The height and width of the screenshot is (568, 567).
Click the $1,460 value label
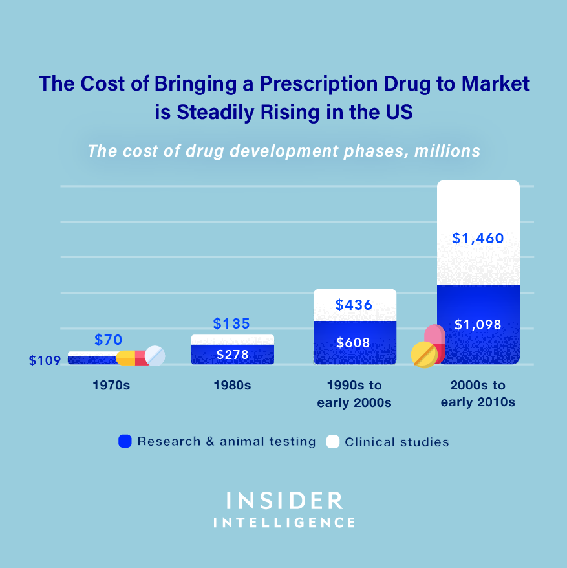pos(478,238)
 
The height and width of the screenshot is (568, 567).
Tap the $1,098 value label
pos(478,325)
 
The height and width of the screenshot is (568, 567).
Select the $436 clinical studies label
pos(354,305)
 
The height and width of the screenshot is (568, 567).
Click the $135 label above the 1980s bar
pos(231,323)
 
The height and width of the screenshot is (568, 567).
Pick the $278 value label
pos(232,355)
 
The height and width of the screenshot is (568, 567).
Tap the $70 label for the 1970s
pos(108,340)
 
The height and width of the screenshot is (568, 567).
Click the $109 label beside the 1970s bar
pos(45,360)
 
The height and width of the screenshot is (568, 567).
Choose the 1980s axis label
pos(232,386)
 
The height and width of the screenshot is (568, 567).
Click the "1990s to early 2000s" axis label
pos(354,393)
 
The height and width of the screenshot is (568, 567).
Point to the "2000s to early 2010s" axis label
pos(478,393)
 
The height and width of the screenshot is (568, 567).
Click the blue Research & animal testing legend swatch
pos(125,442)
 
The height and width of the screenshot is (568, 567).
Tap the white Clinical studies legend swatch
pos(333,442)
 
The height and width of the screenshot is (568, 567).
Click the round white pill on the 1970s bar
pos(155,355)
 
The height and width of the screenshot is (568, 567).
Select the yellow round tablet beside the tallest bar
pos(424,355)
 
